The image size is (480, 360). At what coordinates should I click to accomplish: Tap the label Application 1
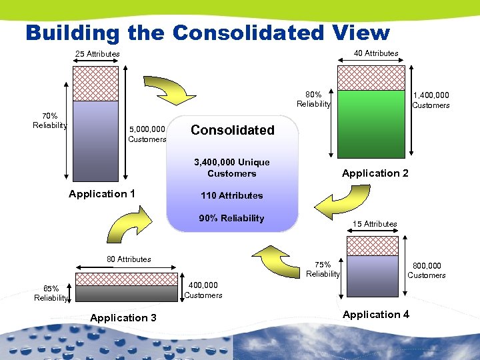pyautogui.click(x=102, y=194)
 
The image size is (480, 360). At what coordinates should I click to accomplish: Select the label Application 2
pyautogui.click(x=375, y=173)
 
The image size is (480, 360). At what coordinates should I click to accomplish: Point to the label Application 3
pyautogui.click(x=123, y=318)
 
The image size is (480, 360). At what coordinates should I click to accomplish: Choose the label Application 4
pyautogui.click(x=376, y=315)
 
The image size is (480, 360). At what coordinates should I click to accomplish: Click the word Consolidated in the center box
pyautogui.click(x=232, y=130)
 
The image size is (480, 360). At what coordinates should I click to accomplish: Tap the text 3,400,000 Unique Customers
pyautogui.click(x=232, y=168)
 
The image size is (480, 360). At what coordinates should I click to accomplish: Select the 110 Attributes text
pyautogui.click(x=232, y=196)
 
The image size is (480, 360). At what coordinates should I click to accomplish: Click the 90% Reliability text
pyautogui.click(x=232, y=219)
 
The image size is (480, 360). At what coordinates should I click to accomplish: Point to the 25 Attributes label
pyautogui.click(x=97, y=54)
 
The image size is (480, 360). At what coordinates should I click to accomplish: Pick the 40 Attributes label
pyautogui.click(x=376, y=53)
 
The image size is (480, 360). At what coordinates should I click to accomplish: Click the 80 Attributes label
pyautogui.click(x=129, y=259)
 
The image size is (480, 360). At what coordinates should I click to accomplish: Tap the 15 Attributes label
pyautogui.click(x=375, y=224)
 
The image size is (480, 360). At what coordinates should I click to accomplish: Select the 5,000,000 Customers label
pyautogui.click(x=147, y=134)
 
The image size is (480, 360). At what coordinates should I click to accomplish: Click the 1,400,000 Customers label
pyautogui.click(x=431, y=101)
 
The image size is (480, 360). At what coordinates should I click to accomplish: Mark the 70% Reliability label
pyautogui.click(x=50, y=121)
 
